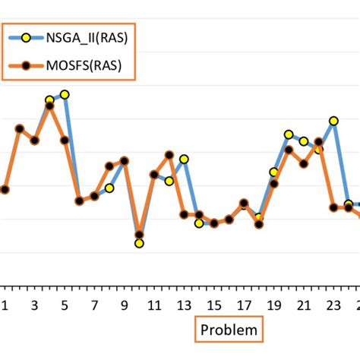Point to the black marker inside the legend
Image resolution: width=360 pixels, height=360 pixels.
[x=25, y=66]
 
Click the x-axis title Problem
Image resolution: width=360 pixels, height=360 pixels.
[x=229, y=330]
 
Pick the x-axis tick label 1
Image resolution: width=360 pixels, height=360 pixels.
[x=5, y=306]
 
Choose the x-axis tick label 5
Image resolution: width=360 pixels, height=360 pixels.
[x=65, y=306]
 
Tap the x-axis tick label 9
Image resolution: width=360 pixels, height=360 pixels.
[x=125, y=306]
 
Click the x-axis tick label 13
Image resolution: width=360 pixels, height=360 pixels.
[x=184, y=306]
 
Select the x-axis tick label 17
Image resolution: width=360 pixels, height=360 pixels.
[x=244, y=306]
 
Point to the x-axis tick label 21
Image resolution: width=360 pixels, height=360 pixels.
[x=304, y=306]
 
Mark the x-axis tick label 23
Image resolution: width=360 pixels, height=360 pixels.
[x=333, y=306]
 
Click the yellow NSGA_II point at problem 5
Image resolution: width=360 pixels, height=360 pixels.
[x=65, y=94]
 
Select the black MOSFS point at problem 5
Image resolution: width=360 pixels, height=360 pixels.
[x=65, y=141]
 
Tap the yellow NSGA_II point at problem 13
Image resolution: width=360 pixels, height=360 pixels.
[x=184, y=159]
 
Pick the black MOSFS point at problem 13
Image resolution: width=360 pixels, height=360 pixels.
[x=184, y=214]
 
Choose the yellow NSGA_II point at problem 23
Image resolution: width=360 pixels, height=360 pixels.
[x=333, y=121]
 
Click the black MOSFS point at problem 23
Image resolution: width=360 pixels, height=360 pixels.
[x=333, y=207]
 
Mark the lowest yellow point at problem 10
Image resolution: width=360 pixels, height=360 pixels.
[x=139, y=243]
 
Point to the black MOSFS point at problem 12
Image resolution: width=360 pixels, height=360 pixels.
[x=169, y=155]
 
